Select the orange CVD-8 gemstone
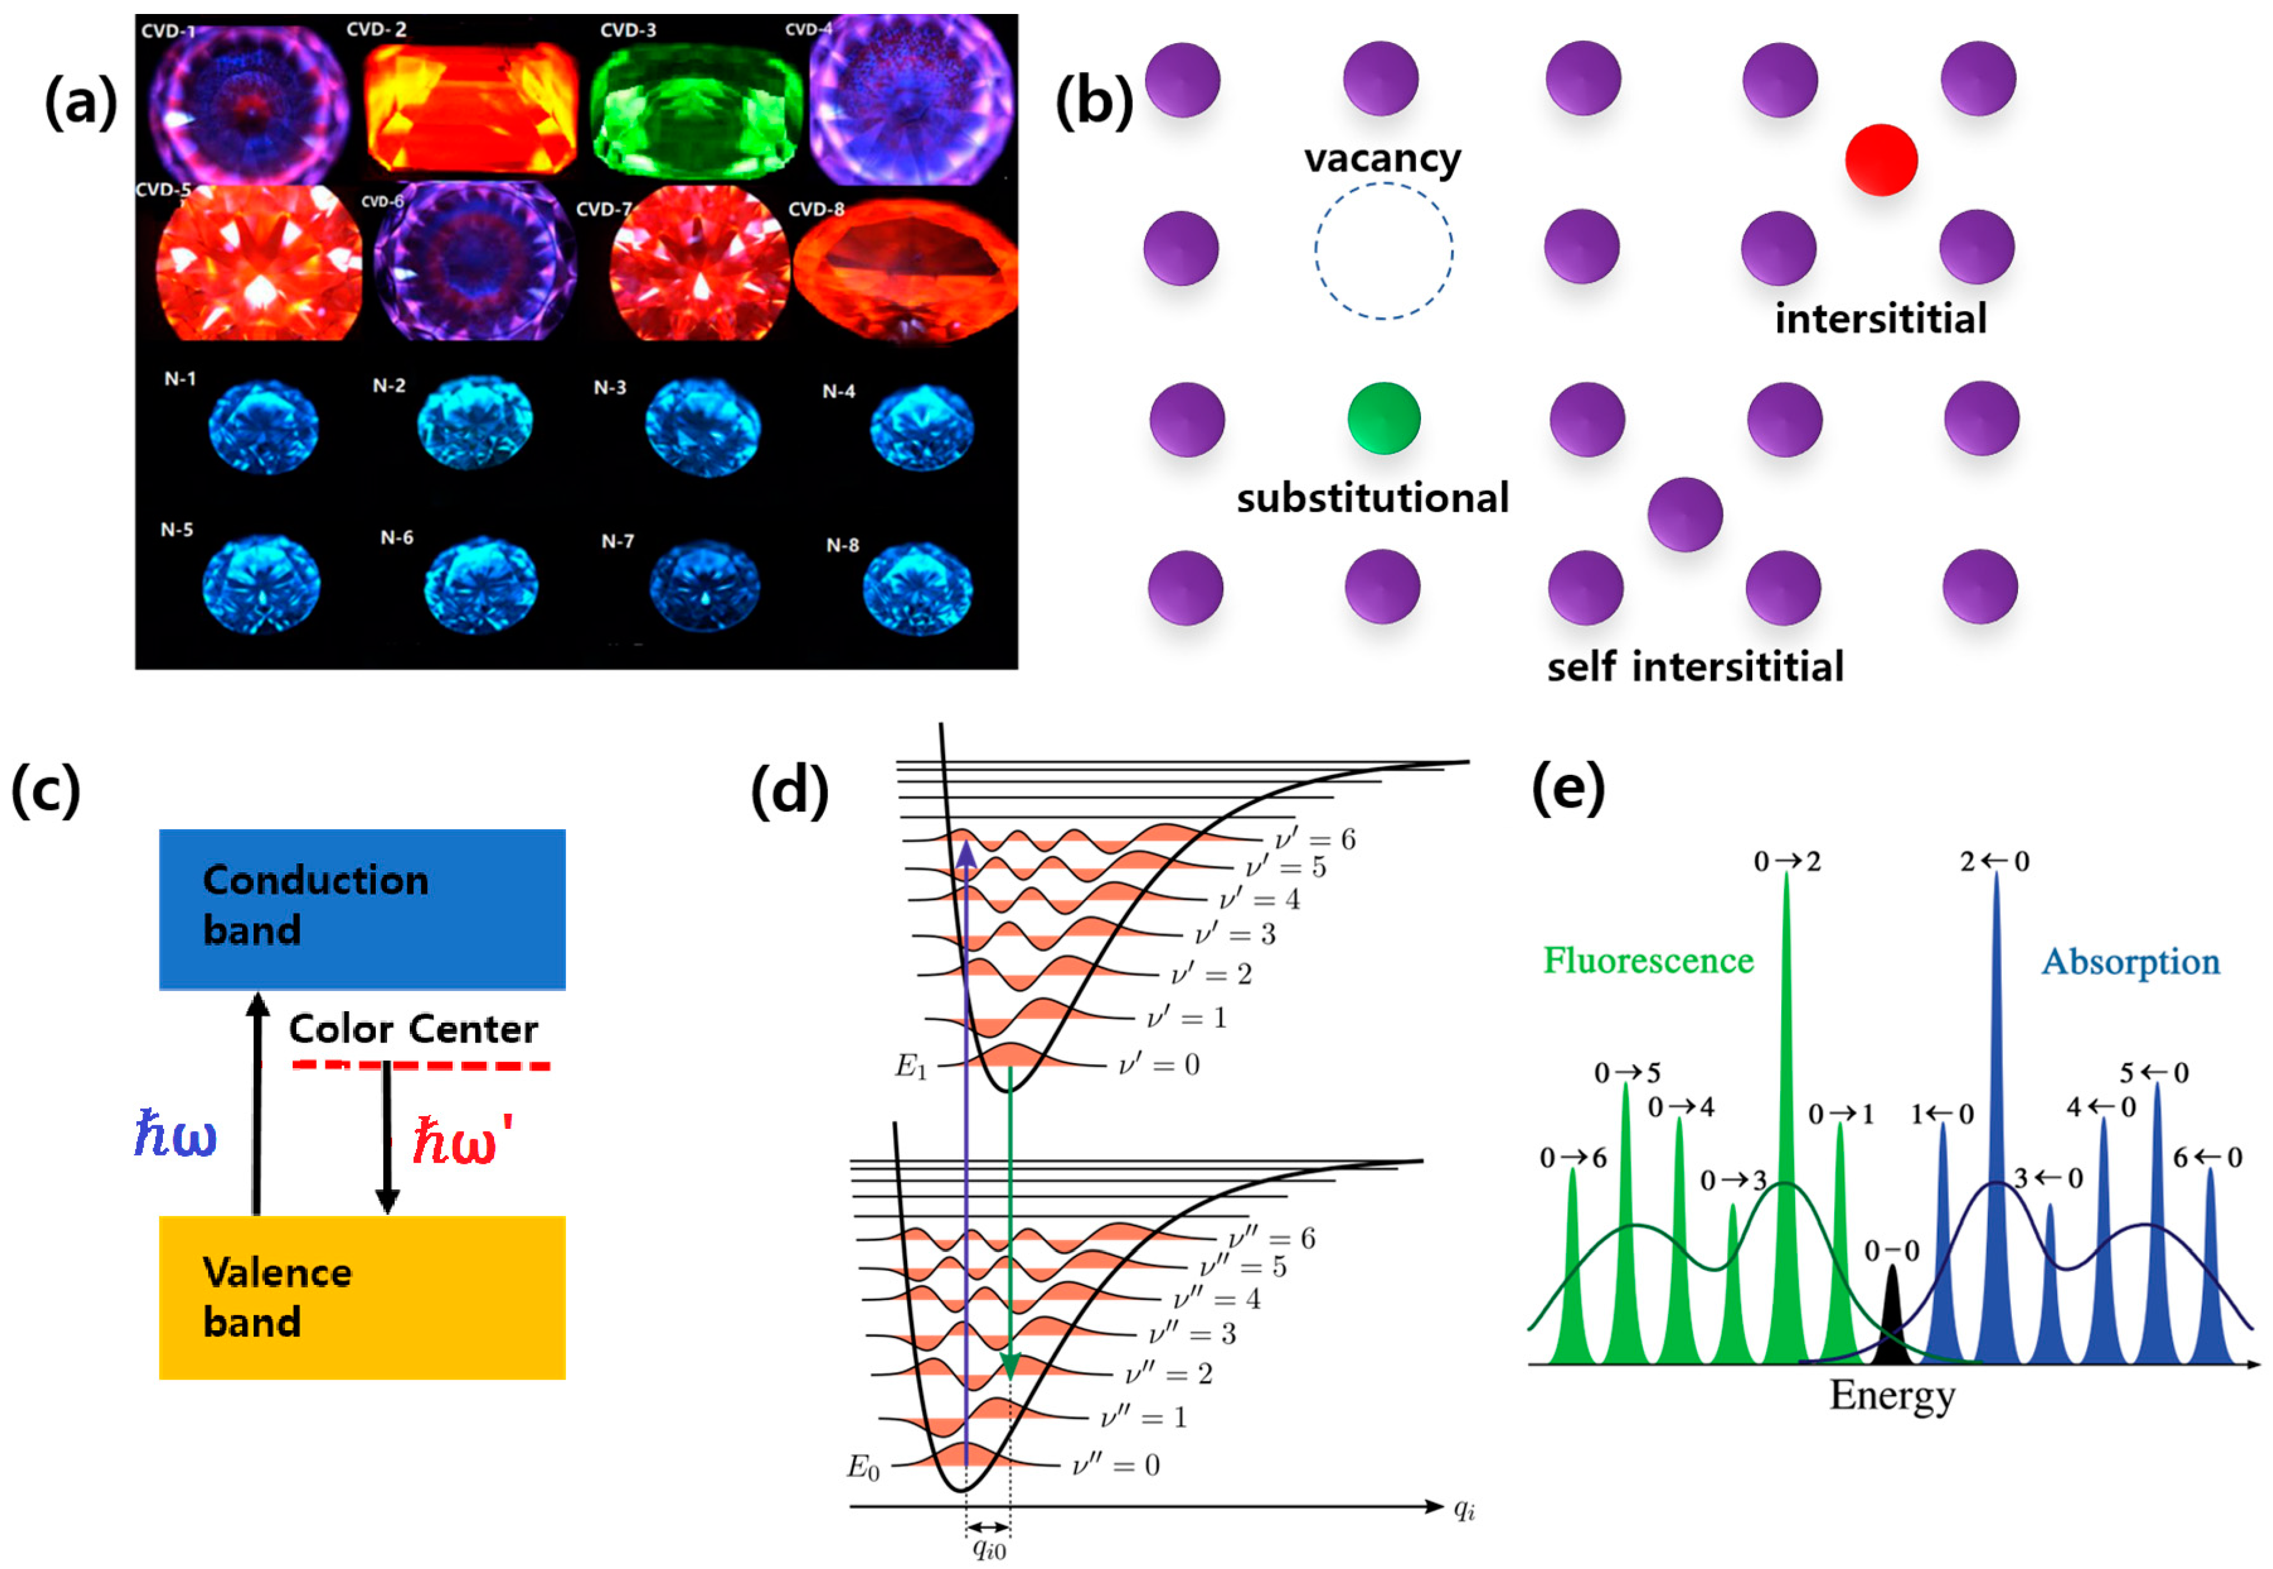[x=905, y=270]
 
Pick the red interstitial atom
[x=1880, y=160]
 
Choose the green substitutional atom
[x=1383, y=418]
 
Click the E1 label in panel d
[x=910, y=1067]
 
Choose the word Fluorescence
[x=1648, y=961]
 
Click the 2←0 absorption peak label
[x=1994, y=861]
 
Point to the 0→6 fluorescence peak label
[x=1572, y=1158]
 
